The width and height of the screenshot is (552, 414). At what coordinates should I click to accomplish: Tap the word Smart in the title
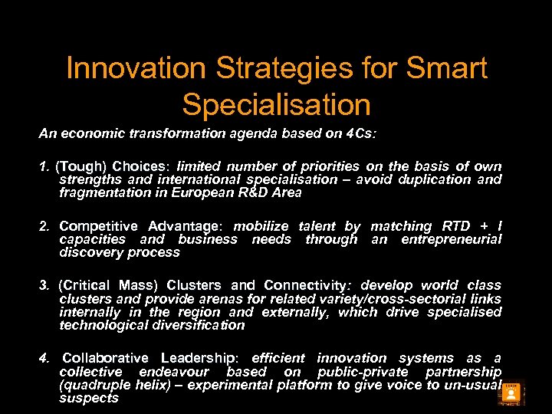tap(446, 68)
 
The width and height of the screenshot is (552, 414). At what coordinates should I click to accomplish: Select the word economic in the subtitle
tap(95, 133)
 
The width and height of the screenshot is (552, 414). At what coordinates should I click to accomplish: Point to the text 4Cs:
tap(360, 133)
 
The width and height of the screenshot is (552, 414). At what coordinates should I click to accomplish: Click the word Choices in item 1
tap(140, 166)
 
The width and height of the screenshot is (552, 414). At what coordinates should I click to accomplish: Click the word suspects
tap(89, 398)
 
